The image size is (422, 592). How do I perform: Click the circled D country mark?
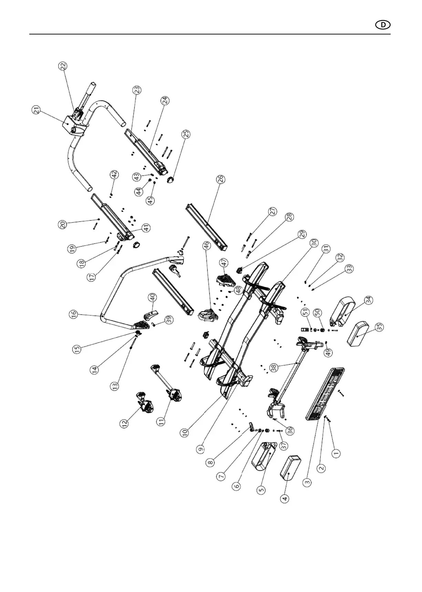(x=382, y=25)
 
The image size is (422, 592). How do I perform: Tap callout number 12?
(x=124, y=423)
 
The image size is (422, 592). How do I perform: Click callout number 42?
(x=114, y=174)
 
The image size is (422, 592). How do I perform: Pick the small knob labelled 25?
(x=171, y=180)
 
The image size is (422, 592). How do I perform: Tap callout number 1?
(x=336, y=452)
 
